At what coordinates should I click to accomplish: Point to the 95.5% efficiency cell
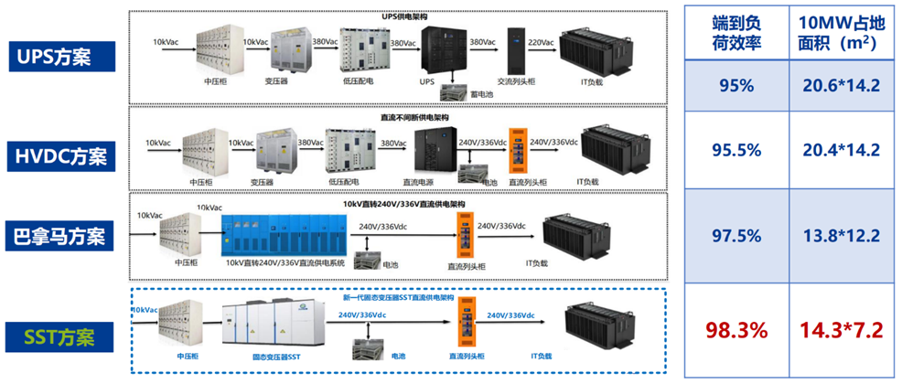click(x=736, y=149)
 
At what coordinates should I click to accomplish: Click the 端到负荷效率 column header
click(x=736, y=34)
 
